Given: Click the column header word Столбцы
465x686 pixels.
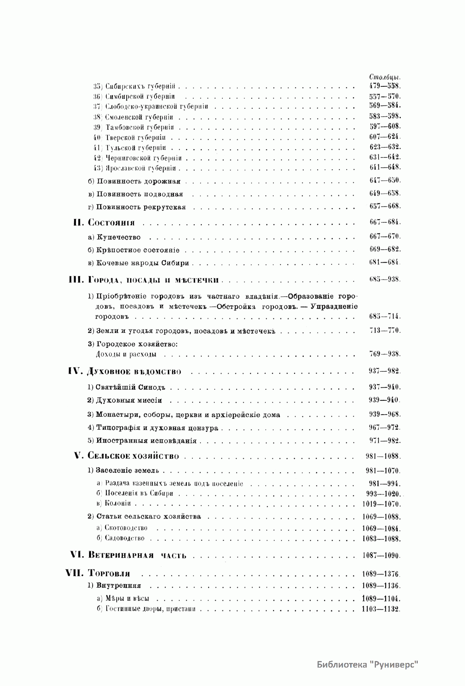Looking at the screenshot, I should point(382,77).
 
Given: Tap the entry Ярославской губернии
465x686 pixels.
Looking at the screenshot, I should point(140,168).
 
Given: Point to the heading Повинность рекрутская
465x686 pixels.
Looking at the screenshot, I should point(141,207).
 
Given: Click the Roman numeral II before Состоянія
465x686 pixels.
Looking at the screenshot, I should point(78,223).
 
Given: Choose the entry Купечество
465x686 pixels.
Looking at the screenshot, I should point(119,237).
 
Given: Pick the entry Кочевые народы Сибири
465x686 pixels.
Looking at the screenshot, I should point(142,263).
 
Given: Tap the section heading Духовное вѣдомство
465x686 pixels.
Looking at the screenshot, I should point(134,371).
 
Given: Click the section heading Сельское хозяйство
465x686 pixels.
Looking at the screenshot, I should point(133,456).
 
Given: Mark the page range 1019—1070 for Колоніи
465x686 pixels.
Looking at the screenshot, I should point(381,504).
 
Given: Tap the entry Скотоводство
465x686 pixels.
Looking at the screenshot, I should point(126,528).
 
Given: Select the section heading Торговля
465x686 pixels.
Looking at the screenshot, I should point(109,574).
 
